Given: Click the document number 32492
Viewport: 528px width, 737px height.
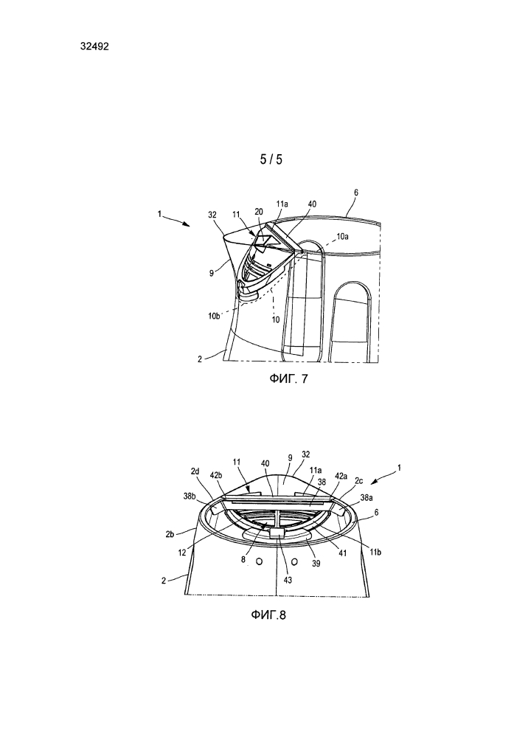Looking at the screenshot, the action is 94,46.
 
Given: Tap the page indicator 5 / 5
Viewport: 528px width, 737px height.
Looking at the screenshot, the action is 271,159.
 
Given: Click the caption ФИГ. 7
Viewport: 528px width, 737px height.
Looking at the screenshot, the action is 288,379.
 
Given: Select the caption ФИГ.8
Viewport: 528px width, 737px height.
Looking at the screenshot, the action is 268,615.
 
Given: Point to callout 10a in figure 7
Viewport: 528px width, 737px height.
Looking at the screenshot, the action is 341,237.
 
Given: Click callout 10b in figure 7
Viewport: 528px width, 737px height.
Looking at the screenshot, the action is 213,316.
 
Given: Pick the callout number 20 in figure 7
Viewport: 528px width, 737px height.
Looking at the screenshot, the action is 259,212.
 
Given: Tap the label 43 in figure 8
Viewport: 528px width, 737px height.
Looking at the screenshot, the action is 288,580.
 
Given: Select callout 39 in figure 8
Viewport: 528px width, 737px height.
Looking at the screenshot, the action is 316,563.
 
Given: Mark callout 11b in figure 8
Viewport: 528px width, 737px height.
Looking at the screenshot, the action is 375,552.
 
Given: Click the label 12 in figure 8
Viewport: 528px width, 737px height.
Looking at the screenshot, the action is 182,553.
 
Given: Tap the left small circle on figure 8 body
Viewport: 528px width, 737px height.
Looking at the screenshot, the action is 258,561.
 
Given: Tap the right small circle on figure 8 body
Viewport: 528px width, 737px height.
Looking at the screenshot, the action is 295,561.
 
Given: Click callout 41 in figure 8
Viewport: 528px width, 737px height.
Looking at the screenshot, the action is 343,553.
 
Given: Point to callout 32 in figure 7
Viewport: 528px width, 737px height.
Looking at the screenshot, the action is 212,215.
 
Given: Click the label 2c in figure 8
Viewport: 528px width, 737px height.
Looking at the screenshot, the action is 358,480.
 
